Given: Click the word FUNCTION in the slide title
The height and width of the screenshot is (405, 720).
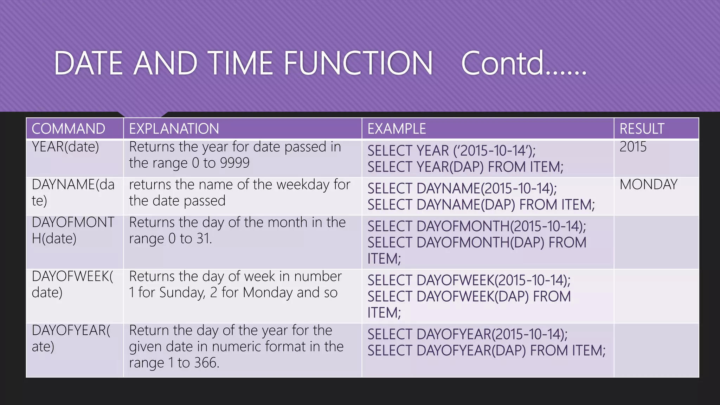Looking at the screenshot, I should point(358,63).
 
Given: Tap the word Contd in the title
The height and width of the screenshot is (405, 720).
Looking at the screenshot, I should point(503,63).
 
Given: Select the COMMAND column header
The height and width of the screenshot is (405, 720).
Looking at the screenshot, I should point(69,129).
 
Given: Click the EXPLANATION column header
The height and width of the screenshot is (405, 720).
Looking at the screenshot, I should point(174,129).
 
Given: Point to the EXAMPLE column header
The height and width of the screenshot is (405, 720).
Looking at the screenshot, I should point(397,129).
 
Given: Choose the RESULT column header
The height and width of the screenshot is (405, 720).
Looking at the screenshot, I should point(642,129).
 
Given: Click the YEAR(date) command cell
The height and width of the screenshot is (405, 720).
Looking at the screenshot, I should point(65,147).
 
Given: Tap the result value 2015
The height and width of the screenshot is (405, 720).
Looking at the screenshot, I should point(633,147).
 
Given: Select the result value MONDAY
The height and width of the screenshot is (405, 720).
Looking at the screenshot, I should point(648,185).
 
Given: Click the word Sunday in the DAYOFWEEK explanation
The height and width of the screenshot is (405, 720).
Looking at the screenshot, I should point(182,292).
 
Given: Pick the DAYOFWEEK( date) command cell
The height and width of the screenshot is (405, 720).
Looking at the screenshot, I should point(72,284).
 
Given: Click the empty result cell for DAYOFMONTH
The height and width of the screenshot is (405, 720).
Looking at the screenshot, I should point(656,242).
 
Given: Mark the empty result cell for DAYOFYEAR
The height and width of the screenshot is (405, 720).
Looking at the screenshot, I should point(656,350).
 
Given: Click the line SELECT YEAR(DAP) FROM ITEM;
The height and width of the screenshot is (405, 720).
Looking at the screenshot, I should point(465,167).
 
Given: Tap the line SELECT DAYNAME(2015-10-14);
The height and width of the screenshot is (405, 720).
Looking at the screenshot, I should point(462,189).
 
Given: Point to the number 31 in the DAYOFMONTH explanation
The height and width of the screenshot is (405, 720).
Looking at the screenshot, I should point(204,239).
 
